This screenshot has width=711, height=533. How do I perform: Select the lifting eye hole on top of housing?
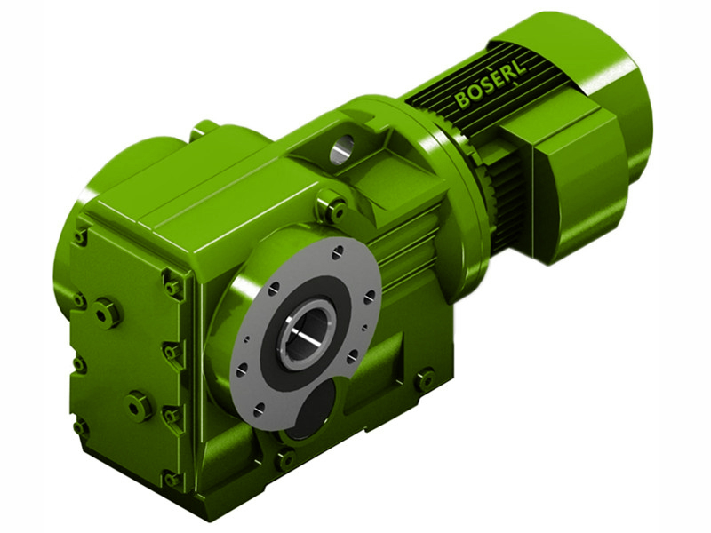coord(342,150)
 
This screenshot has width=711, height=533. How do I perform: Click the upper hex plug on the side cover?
coord(107,313)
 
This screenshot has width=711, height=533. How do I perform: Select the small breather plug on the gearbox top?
coord(204,129)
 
